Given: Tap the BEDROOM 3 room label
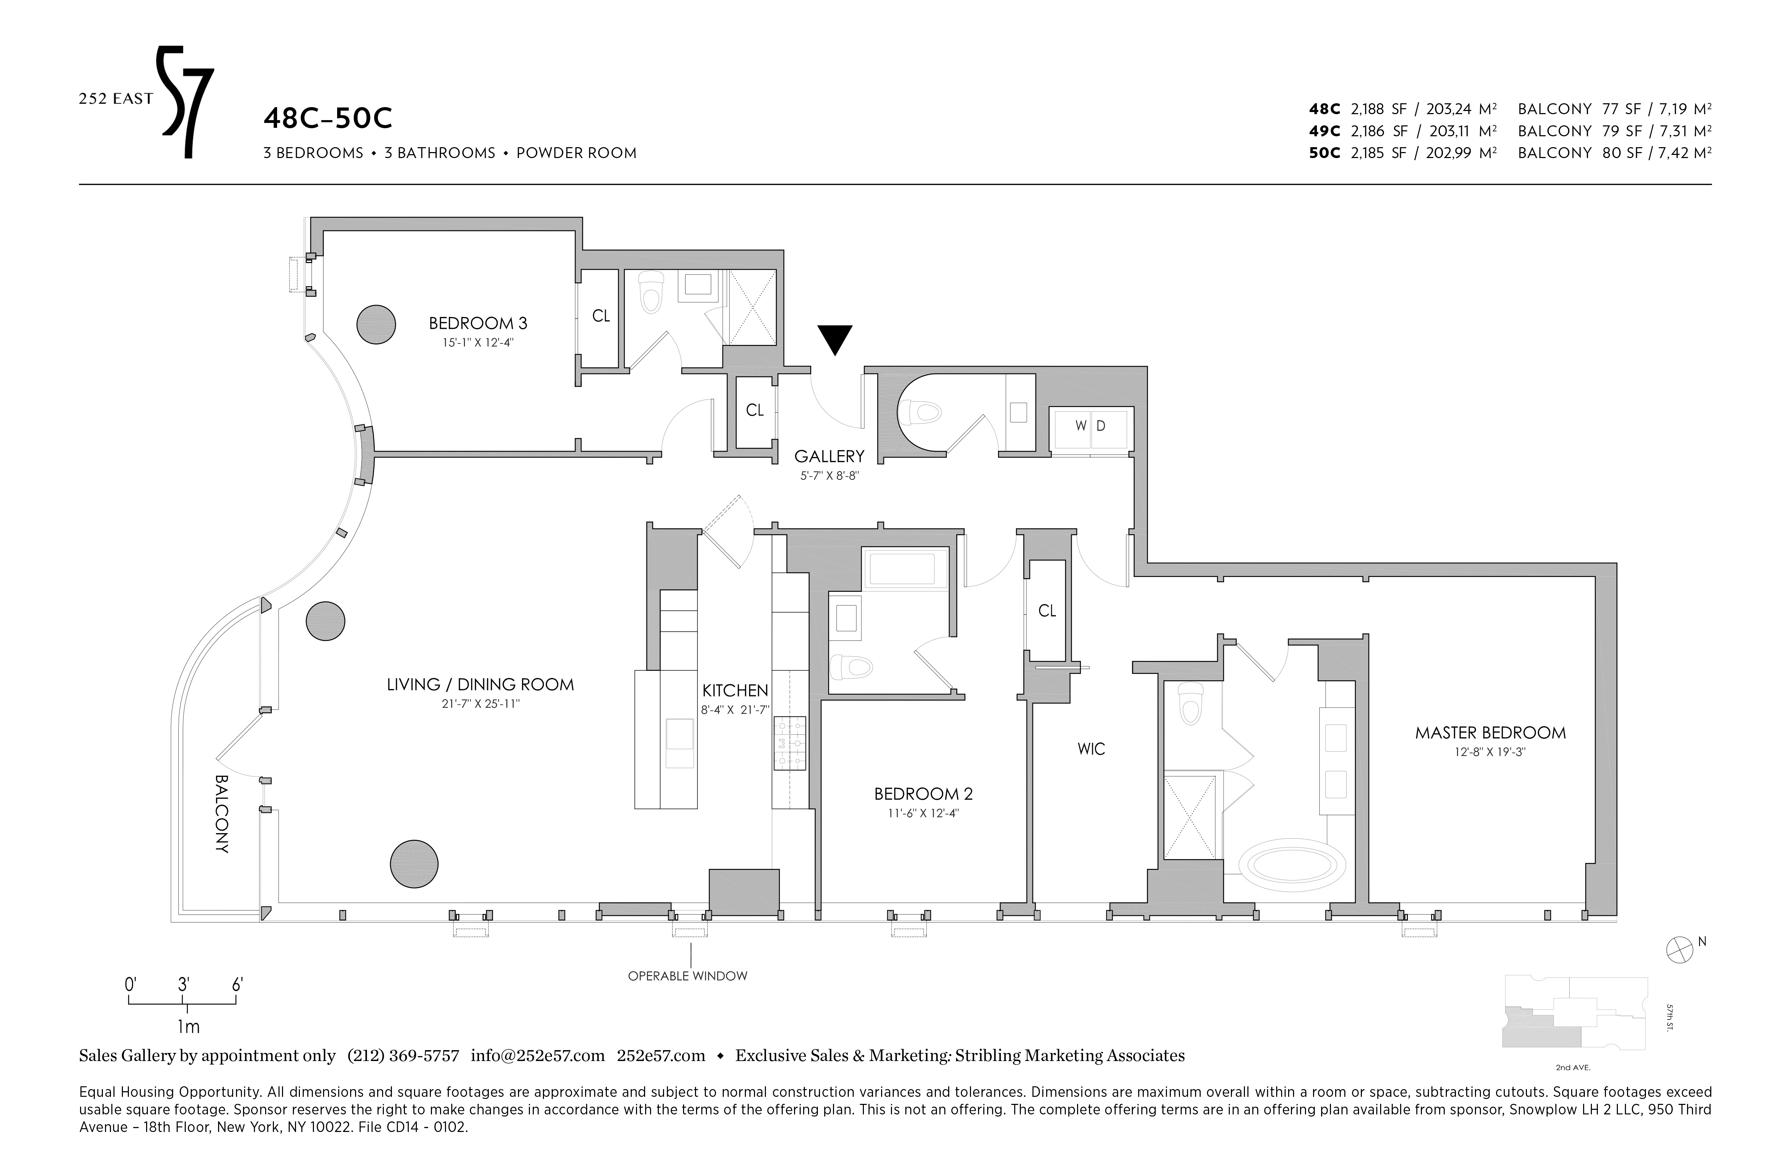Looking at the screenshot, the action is [478, 323].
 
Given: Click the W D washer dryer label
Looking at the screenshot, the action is [1090, 426].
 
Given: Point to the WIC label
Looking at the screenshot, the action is [1091, 749].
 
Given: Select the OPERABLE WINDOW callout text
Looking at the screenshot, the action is [688, 976].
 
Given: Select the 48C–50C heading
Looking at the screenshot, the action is [328, 119].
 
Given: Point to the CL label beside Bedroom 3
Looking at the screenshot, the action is [601, 316].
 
